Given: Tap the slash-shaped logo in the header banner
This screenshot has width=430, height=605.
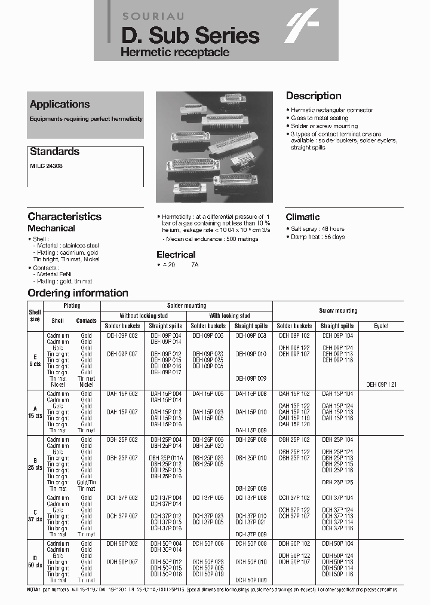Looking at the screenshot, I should click(302, 28).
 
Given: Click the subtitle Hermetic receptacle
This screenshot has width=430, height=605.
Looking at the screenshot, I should click(174, 53).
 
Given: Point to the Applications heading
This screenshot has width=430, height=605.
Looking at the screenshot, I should click(60, 104).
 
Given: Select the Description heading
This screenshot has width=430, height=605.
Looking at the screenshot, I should click(314, 96).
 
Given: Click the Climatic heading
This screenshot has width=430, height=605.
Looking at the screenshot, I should click(302, 217).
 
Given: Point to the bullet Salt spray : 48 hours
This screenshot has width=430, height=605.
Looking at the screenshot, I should click(317, 229).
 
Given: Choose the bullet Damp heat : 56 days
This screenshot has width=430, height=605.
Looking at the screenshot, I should click(317, 237).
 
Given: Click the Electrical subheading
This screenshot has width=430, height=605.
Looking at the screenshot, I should click(176, 255).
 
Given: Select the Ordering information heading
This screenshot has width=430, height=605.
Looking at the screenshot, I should click(78, 293).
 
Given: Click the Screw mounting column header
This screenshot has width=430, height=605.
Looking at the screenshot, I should click(338, 311).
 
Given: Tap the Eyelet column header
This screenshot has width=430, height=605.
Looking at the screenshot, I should click(381, 326).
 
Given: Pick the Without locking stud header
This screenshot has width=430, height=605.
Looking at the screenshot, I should click(143, 316).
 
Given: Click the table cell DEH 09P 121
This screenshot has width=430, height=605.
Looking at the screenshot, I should click(381, 385).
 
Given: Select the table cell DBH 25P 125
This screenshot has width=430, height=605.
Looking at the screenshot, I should click(337, 482).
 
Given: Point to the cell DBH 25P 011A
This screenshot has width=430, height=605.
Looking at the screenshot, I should click(165, 458).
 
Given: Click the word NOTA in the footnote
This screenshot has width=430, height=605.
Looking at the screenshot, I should click(34, 590).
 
